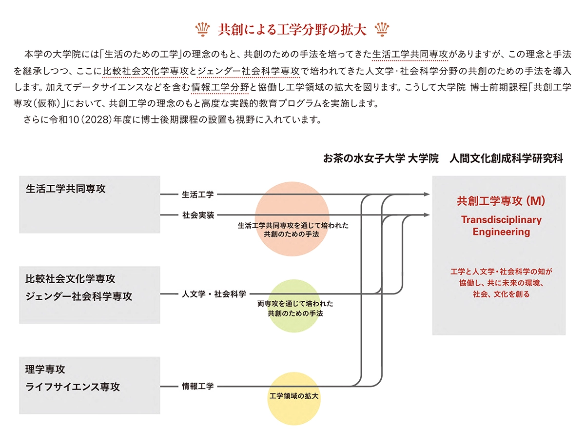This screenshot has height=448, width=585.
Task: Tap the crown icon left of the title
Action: tap(201, 29)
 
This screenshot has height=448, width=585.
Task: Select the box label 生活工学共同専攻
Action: tap(66, 189)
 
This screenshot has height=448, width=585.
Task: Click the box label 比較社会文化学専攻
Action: tap(71, 279)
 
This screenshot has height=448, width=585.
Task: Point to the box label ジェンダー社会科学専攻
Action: tap(79, 296)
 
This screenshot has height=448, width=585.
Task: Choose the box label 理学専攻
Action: tap(45, 369)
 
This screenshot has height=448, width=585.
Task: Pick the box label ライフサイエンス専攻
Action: tap(73, 387)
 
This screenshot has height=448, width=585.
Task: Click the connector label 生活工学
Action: tap(198, 195)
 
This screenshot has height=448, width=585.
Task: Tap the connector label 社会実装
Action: tap(198, 215)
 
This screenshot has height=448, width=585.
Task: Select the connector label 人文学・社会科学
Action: tap(214, 294)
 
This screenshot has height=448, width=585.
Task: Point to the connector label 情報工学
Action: tap(198, 387)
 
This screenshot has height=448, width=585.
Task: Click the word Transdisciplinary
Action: tap(501, 220)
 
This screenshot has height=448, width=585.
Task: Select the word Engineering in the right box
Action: tap(501, 232)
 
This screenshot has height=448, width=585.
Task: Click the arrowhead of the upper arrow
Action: tap(427, 195)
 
